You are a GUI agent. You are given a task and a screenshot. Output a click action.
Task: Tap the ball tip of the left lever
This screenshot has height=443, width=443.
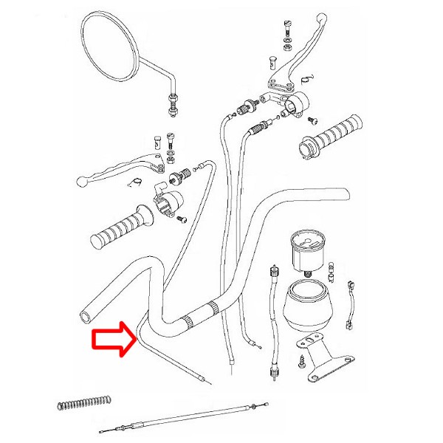click(x=81, y=180)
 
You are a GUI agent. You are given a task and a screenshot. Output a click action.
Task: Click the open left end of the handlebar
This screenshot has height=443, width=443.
click(x=86, y=316)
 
